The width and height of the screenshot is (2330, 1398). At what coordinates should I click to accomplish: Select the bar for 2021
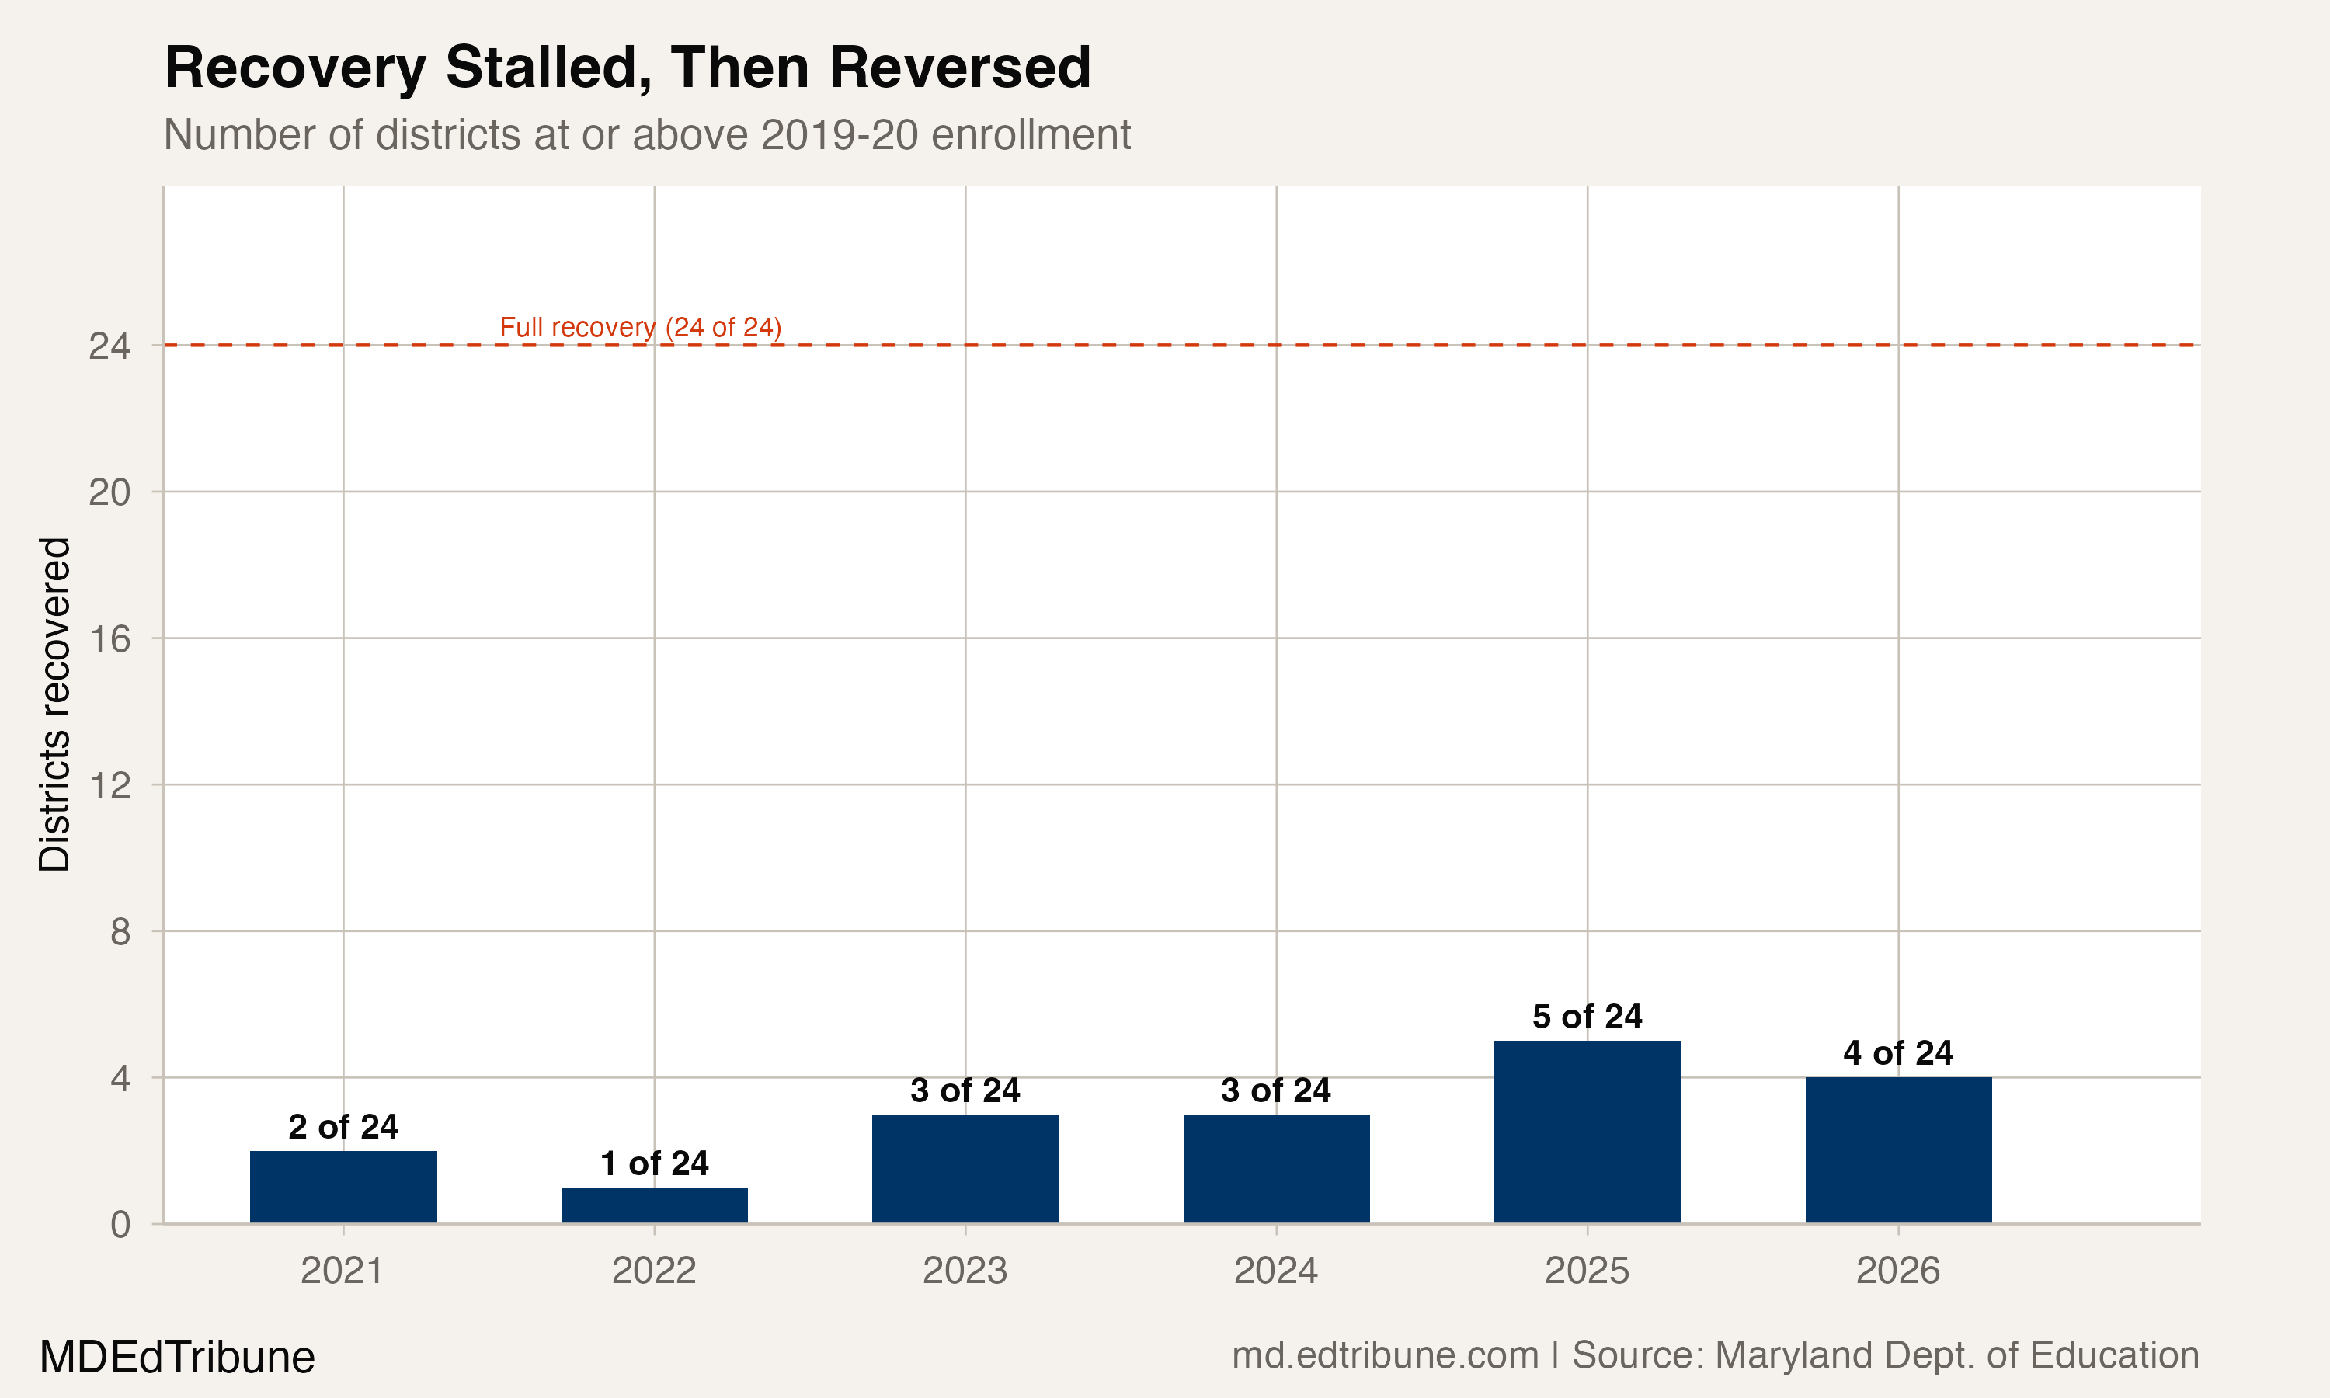click(343, 1187)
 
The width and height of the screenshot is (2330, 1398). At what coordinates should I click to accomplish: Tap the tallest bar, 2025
click(1587, 1132)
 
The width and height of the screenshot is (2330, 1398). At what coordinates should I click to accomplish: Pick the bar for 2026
click(1897, 1149)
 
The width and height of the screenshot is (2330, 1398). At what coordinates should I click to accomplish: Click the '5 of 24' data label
click(1587, 1017)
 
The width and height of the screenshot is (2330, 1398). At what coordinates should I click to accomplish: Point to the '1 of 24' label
click(654, 1163)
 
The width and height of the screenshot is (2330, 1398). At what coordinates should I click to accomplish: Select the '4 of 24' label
click(1897, 1052)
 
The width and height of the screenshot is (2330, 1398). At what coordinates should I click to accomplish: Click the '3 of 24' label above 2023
click(965, 1090)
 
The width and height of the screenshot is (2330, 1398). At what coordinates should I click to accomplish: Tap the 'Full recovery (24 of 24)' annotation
click(641, 327)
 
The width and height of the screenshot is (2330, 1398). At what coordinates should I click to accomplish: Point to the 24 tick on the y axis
click(110, 346)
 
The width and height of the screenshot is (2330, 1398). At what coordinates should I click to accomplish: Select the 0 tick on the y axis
click(120, 1225)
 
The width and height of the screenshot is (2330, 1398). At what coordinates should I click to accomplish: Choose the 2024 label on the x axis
click(1275, 1271)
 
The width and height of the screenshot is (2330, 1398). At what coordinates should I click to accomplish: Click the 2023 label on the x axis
click(965, 1271)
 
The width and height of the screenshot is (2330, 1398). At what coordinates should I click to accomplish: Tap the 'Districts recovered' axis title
click(54, 704)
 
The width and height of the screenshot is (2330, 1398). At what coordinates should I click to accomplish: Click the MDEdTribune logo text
click(177, 1358)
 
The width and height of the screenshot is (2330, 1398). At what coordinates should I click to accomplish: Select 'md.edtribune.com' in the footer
click(1386, 1355)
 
